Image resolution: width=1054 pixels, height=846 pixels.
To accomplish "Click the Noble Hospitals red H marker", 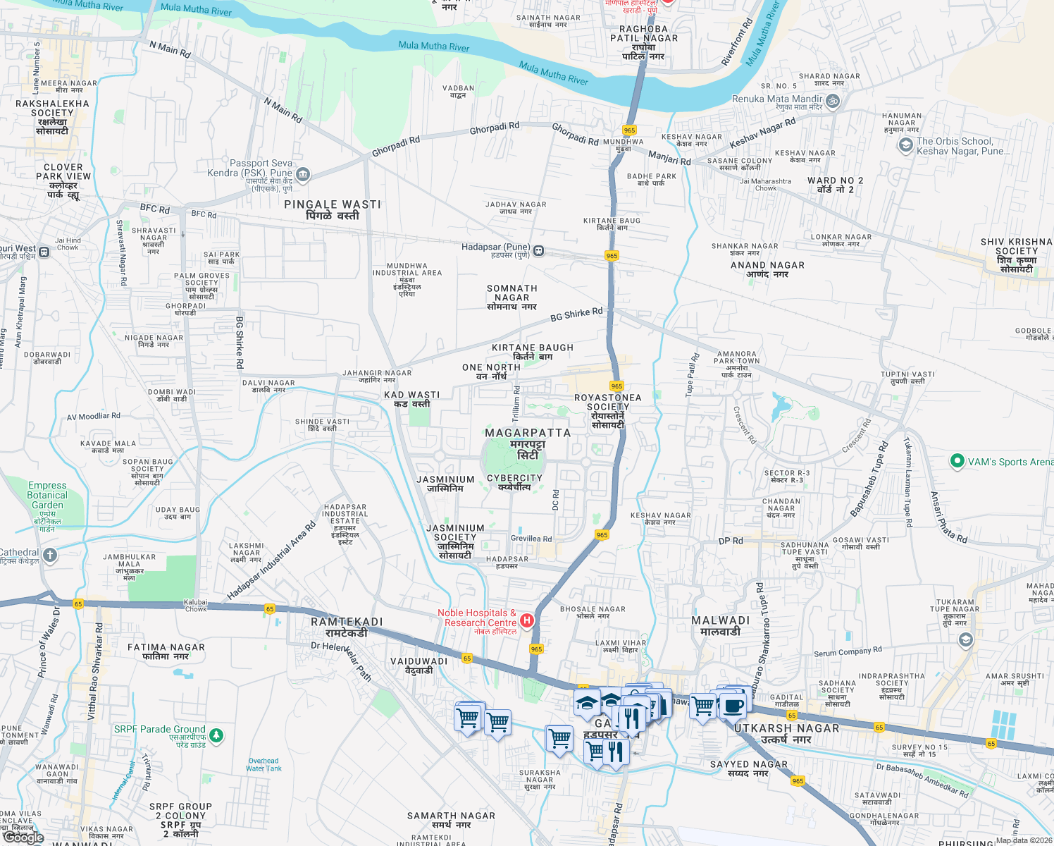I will point(526,620).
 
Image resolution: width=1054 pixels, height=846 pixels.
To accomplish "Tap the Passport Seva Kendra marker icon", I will point(303,173).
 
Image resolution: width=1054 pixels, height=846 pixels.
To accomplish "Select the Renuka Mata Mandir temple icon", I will point(833,101).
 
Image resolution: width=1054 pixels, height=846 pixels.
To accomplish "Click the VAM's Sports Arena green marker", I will point(957,462).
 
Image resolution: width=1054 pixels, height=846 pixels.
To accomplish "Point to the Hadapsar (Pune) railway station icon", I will point(538,251).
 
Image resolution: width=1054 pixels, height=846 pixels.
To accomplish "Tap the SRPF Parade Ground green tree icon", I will point(216,735).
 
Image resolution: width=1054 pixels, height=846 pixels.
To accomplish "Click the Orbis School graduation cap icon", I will point(905,145).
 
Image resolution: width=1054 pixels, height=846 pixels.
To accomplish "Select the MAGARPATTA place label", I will point(528,433).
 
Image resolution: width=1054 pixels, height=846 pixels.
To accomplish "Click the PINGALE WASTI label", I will point(333,204).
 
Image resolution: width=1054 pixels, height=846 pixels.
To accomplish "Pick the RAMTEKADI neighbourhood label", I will point(347,622).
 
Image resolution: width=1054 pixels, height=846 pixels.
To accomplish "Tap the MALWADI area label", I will point(720,620).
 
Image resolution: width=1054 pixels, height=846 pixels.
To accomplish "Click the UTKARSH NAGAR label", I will point(787,728).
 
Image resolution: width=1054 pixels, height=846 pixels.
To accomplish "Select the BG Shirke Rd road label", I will point(576,314).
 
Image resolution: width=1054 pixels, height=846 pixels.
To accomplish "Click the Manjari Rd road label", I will point(669,157).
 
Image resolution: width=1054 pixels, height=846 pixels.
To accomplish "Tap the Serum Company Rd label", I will point(848,652).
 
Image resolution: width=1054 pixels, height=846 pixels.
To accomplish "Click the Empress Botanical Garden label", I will point(47,495).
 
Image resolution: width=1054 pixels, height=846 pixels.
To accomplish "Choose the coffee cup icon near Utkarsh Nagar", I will point(733,705).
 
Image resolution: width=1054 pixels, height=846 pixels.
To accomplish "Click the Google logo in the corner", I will point(23,837).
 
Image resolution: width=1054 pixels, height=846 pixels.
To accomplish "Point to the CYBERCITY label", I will point(514,478).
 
